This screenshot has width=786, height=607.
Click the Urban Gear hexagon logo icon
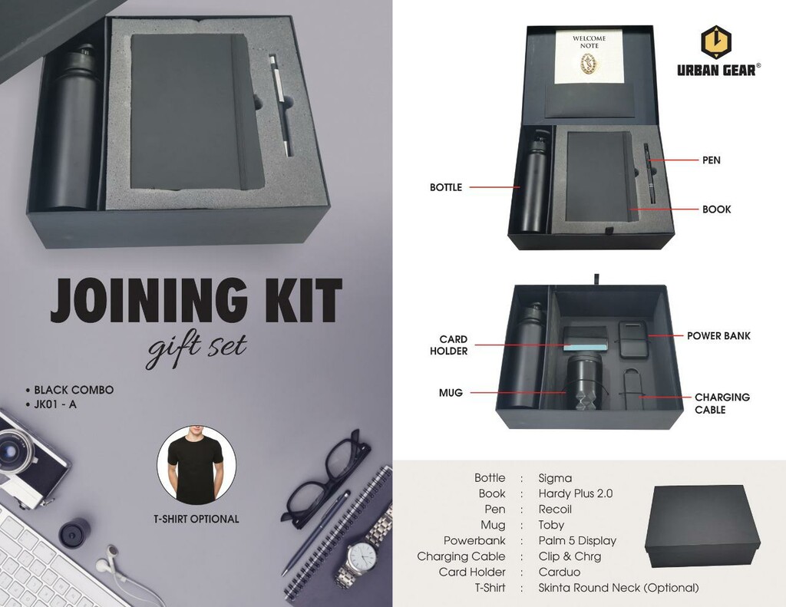(x=718, y=41)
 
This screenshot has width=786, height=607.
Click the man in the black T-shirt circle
(x=196, y=465)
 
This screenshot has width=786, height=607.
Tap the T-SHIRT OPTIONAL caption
(x=196, y=519)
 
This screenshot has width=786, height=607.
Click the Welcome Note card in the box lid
(x=589, y=58)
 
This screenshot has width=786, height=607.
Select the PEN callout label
(x=711, y=160)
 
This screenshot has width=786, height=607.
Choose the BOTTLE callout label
(x=445, y=187)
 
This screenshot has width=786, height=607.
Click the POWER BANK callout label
(x=718, y=336)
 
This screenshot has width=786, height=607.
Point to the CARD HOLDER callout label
(x=453, y=345)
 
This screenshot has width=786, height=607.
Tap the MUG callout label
(x=451, y=393)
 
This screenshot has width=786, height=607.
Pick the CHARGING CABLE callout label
(x=722, y=403)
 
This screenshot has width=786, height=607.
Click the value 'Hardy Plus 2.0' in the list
(x=575, y=493)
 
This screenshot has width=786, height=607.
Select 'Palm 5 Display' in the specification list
(x=577, y=540)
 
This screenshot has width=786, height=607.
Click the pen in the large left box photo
(x=280, y=105)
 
